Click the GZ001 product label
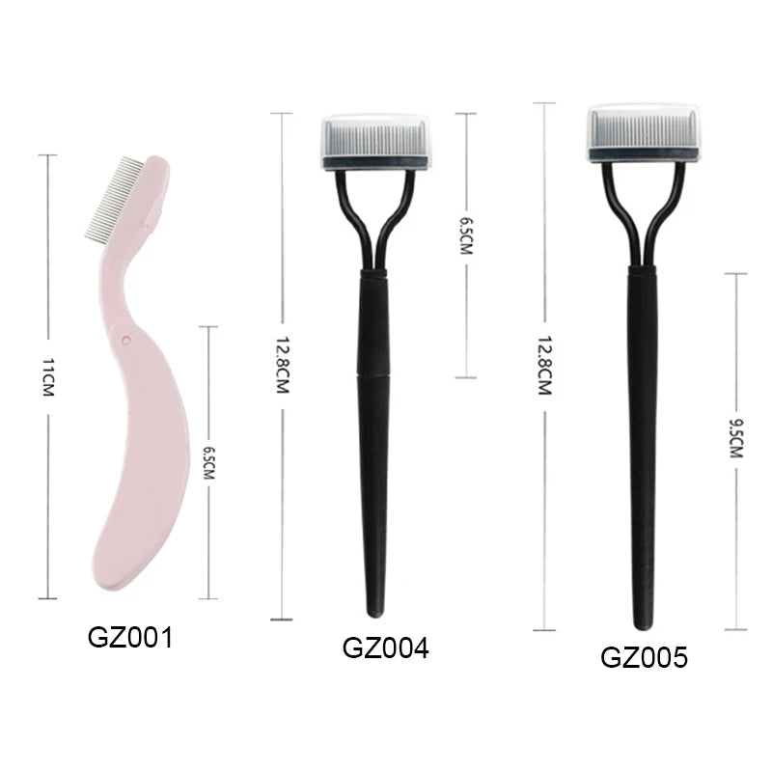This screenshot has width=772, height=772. click(x=130, y=638)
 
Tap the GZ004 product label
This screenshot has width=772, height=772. click(x=385, y=648)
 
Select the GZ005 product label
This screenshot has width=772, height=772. click(x=644, y=657)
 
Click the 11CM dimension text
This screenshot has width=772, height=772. click(x=47, y=377)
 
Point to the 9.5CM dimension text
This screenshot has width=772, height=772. click(x=736, y=438)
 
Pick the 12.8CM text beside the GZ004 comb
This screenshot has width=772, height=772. click(x=282, y=365)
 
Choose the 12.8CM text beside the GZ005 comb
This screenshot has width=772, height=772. click(x=544, y=366)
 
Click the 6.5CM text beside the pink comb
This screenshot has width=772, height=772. click(x=208, y=463)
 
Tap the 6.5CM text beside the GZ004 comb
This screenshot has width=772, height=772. click(x=465, y=236)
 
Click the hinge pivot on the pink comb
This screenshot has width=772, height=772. click(x=126, y=340)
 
